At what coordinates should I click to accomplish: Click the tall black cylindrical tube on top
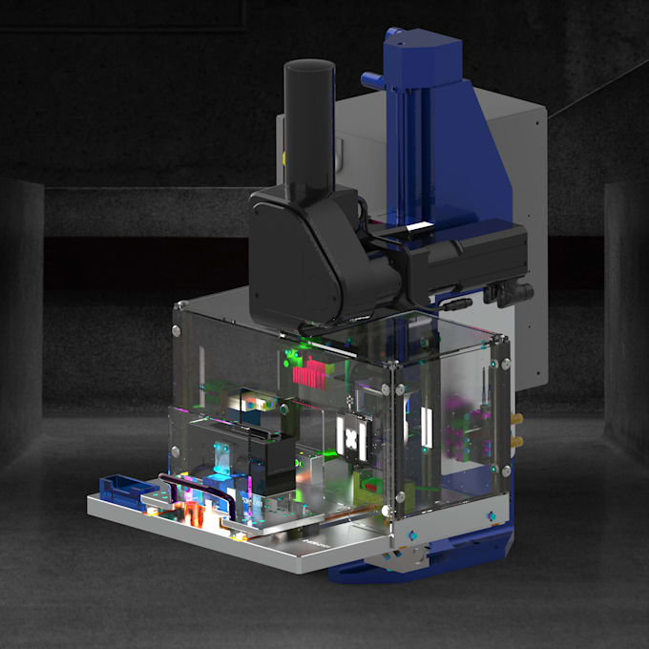[311, 124]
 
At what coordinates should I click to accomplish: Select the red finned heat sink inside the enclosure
[309, 373]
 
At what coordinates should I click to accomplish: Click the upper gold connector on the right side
[518, 420]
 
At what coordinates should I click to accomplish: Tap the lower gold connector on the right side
[518, 442]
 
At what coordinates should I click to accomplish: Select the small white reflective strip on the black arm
[418, 227]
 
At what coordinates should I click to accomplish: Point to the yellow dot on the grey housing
[283, 152]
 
